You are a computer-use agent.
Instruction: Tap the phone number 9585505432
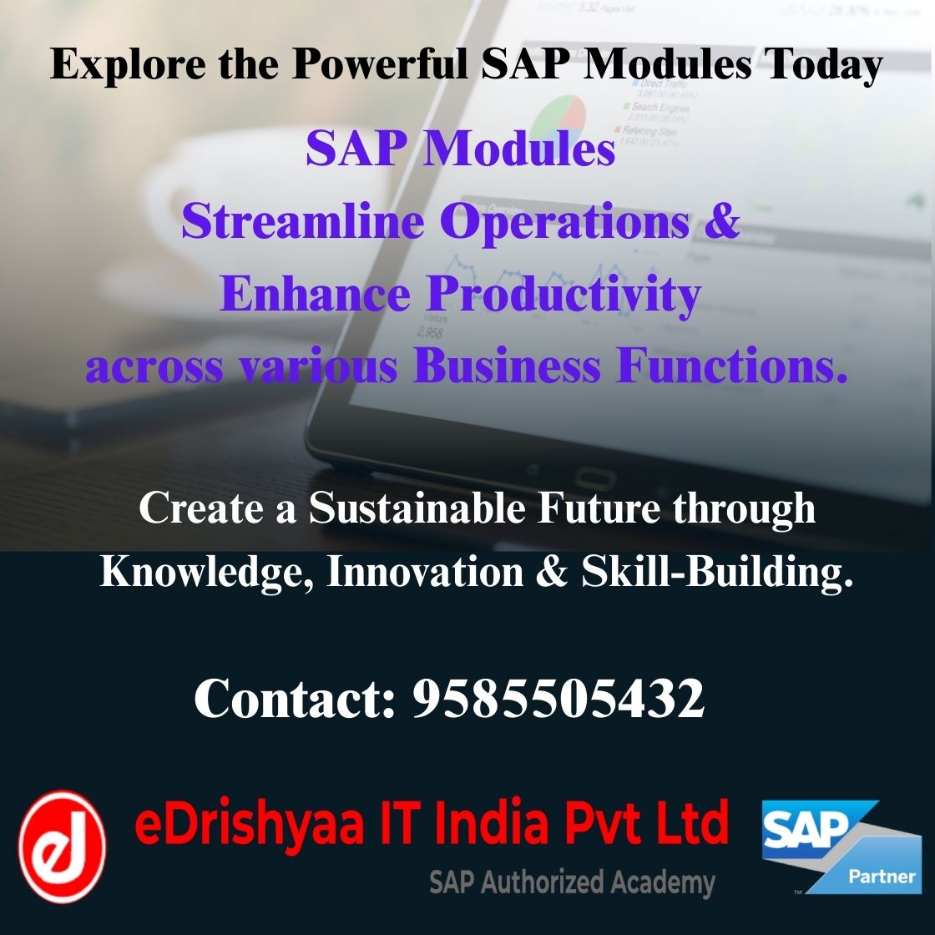(x=558, y=699)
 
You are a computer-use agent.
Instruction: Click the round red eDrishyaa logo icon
(x=63, y=846)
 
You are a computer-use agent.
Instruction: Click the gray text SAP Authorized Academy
(x=572, y=882)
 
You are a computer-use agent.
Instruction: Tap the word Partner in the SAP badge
(x=881, y=877)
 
